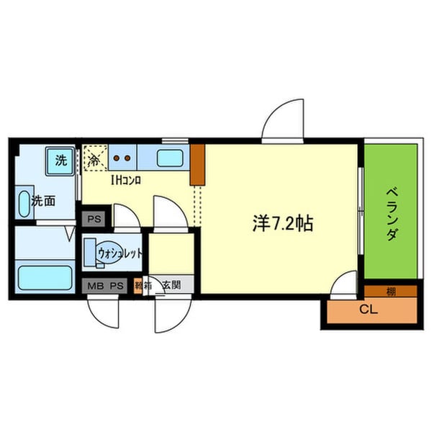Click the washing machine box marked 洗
60,160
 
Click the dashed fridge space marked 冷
94,159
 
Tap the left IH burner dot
117,158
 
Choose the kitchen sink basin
171,158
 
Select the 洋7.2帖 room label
282,224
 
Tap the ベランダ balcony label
391,214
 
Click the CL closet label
368,311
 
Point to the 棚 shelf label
390,292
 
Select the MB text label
96,285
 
